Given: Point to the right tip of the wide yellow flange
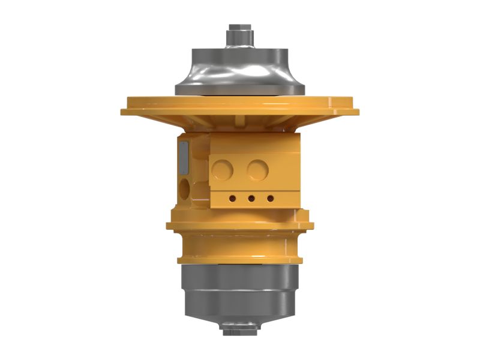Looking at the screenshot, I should tap(356, 111).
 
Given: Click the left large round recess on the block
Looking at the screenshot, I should tap(224, 170).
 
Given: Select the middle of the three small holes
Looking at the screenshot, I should tap(251, 198).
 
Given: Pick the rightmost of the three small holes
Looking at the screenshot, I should tap(270, 198).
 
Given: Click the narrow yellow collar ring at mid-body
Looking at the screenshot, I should tap(240, 226).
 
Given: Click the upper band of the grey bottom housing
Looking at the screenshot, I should tap(240, 279).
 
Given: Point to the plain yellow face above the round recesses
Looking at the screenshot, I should tap(255, 144).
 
